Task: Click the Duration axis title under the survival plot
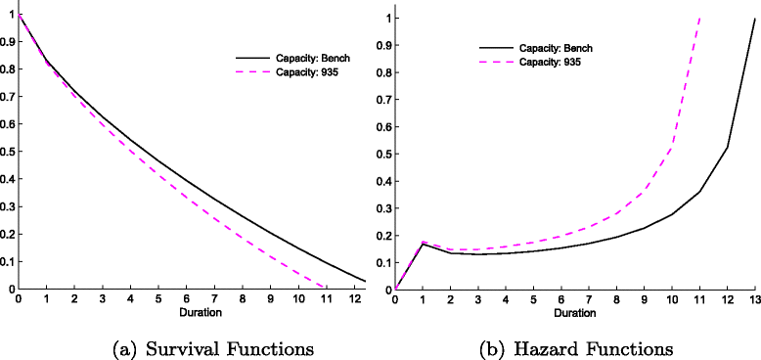click(x=193, y=314)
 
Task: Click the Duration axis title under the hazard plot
click(x=574, y=314)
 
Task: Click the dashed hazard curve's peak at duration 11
click(x=699, y=19)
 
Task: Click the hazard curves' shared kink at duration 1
click(x=424, y=242)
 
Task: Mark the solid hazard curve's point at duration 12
click(x=727, y=148)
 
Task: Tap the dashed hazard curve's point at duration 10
click(x=672, y=146)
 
